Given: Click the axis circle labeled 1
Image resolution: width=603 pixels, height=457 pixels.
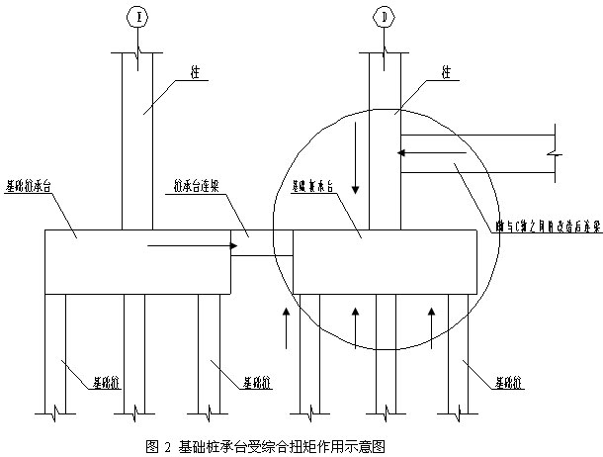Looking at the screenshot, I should pyautogui.click(x=138, y=16).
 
